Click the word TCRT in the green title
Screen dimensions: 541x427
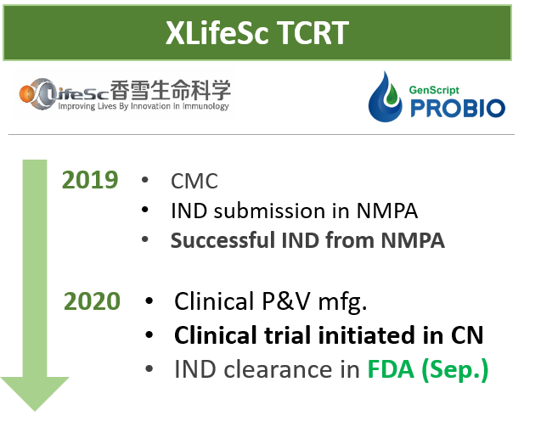coord(313,33)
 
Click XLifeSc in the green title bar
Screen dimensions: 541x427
coord(217,33)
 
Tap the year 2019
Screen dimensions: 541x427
coord(90,180)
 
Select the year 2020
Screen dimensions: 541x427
coord(92,301)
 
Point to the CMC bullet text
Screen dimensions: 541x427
coord(194,181)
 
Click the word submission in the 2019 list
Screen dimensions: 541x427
coord(269,211)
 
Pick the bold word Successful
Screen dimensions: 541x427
coord(223,240)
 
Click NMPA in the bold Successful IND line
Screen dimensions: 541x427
coord(413,240)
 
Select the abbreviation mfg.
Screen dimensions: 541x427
coord(342,302)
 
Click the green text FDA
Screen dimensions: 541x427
coord(391,369)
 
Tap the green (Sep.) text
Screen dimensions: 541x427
coord(454,370)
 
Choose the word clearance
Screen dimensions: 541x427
coord(279,369)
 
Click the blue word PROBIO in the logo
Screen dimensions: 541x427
coord(458,108)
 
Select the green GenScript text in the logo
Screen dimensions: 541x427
coord(434,90)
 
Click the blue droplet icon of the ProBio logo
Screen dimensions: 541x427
coord(385,98)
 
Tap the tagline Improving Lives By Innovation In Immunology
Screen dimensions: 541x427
coord(144,106)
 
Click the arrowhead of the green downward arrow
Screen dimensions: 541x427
coord(35,392)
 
